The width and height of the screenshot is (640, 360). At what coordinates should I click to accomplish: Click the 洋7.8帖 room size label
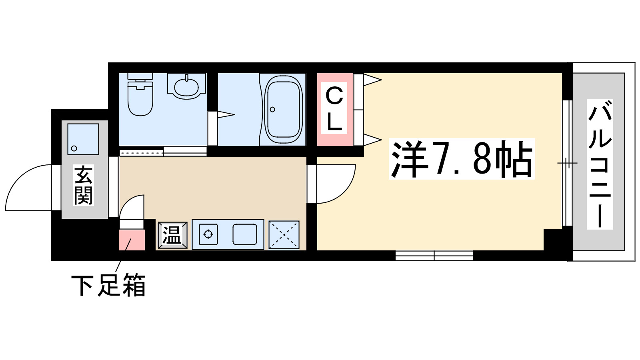(x=462, y=159)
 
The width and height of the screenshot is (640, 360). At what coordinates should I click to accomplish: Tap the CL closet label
(x=334, y=109)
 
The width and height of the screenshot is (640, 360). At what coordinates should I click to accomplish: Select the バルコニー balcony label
(x=600, y=164)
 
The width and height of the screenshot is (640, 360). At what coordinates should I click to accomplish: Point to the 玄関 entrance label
(x=84, y=185)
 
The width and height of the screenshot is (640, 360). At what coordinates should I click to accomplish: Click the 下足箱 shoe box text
(x=108, y=285)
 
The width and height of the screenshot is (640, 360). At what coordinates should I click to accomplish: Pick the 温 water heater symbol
(x=172, y=235)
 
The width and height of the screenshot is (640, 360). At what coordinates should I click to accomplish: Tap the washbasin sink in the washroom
(x=186, y=86)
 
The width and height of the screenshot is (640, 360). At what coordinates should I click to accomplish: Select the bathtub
(x=283, y=110)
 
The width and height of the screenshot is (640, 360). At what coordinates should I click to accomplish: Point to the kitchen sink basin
(x=245, y=234)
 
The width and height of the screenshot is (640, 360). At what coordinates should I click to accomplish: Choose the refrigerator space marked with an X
(x=284, y=235)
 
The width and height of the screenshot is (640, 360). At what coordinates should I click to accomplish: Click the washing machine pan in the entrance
(x=83, y=139)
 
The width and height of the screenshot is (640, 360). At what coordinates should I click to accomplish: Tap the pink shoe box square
(x=132, y=240)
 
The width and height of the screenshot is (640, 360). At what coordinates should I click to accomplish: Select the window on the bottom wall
(x=434, y=256)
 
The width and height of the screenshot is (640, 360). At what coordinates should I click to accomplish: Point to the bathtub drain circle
(x=272, y=110)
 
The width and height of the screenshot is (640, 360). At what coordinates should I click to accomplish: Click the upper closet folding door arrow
(x=372, y=80)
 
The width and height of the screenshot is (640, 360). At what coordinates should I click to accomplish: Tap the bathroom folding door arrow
(x=225, y=115)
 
